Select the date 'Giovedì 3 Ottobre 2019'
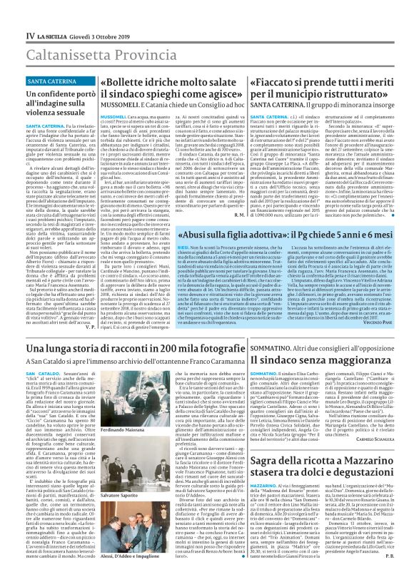(91, 35)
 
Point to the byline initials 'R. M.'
(239, 215)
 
